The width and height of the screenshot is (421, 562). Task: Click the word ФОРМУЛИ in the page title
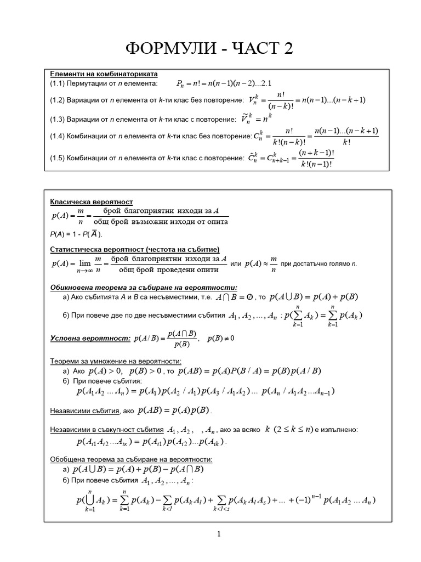click(x=177, y=49)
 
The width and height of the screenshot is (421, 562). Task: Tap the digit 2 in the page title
click(x=288, y=49)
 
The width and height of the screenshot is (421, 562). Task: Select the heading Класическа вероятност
click(x=91, y=202)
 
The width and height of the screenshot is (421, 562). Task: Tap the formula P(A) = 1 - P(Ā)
click(x=76, y=234)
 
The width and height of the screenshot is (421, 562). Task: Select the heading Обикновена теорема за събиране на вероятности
click(x=144, y=288)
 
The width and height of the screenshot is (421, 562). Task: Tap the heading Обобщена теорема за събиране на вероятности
click(x=131, y=459)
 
